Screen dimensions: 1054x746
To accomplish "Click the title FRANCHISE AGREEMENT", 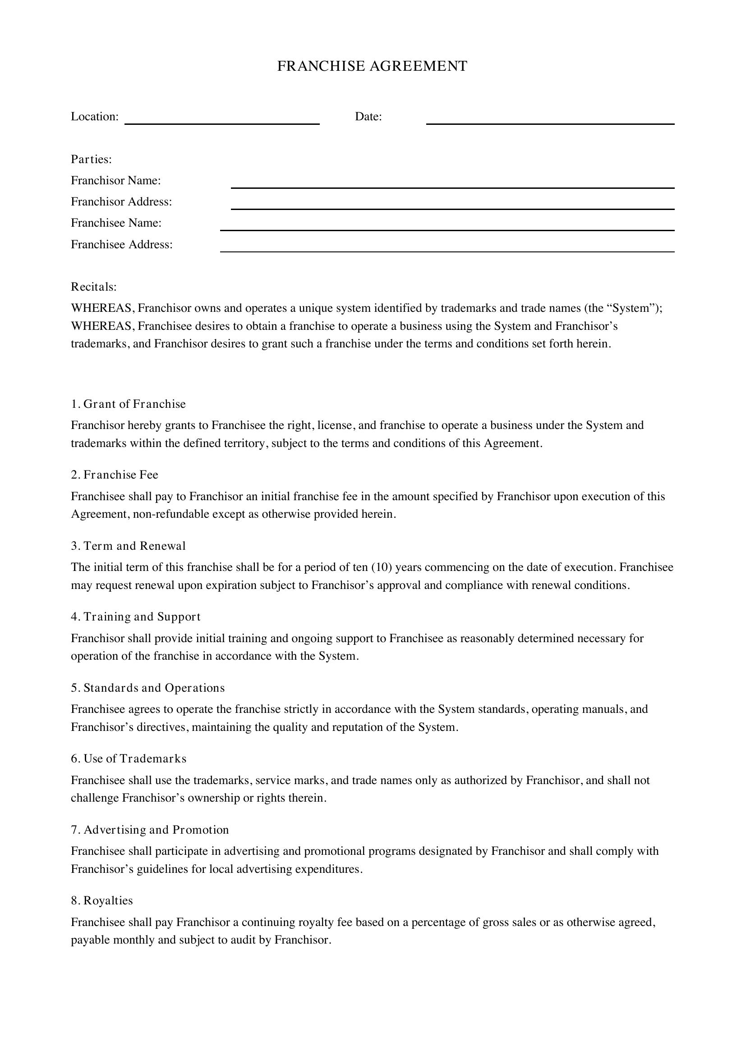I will click(372, 66).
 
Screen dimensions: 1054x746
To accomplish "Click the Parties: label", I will click(92, 159).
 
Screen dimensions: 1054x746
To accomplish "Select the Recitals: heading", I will click(94, 287).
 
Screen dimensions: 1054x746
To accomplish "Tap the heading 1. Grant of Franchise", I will click(128, 404).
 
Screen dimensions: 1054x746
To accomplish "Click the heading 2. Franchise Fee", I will click(115, 475).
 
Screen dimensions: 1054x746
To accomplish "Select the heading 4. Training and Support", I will click(135, 616).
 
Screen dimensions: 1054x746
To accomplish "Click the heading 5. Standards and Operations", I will click(147, 688).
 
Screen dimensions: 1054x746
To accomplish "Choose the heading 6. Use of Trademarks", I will click(129, 758).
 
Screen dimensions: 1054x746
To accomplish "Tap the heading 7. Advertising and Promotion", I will click(150, 830).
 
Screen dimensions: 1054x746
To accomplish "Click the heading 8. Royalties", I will click(101, 901).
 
